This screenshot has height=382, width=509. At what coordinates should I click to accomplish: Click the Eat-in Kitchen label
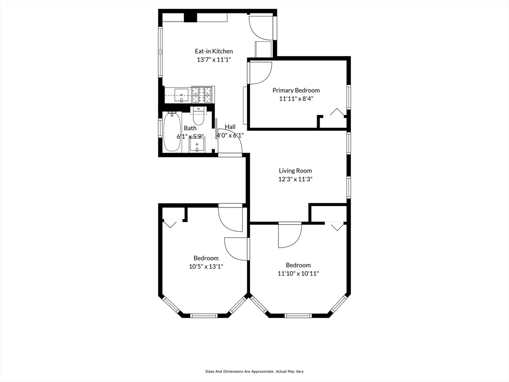pyautogui.click(x=214, y=51)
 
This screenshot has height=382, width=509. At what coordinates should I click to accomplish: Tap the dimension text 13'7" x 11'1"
pyautogui.click(x=214, y=60)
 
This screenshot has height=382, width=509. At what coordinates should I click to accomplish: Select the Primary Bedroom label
pyautogui.click(x=296, y=91)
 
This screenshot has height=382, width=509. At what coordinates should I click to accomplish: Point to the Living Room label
pyautogui.click(x=295, y=171)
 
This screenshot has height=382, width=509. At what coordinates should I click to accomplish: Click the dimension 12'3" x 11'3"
pyautogui.click(x=295, y=179)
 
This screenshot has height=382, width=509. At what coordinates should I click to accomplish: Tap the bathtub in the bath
pyautogui.click(x=171, y=132)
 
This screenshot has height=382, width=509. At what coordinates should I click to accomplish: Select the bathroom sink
pyautogui.click(x=197, y=145)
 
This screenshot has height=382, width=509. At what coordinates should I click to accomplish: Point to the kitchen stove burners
pyautogui.click(x=202, y=95)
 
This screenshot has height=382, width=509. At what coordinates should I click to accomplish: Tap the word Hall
pyautogui.click(x=230, y=127)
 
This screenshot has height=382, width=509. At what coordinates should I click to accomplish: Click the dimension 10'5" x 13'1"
pyautogui.click(x=206, y=267)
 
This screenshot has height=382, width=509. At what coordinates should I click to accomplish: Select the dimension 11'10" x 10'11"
pyautogui.click(x=298, y=274)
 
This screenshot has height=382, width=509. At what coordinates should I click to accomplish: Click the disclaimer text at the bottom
pyautogui.click(x=254, y=371)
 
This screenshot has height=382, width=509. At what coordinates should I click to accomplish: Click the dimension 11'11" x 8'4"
pyautogui.click(x=296, y=99)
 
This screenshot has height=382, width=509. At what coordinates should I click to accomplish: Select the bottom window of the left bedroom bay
pyautogui.click(x=203, y=315)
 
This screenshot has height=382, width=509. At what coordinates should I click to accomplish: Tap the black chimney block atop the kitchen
pyautogui.click(x=190, y=17)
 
